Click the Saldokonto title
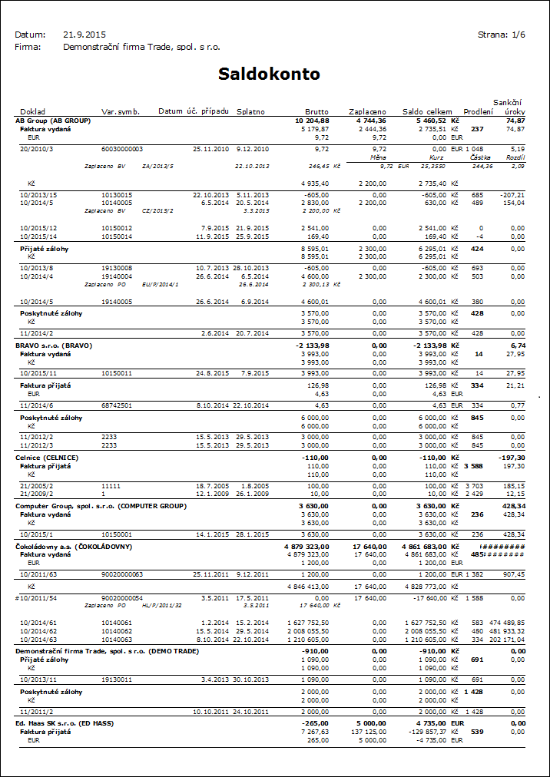point(269,74)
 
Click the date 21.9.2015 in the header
point(84,35)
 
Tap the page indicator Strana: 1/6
point(502,35)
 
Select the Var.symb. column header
point(121,111)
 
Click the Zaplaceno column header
point(367,111)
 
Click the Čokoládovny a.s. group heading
point(74,547)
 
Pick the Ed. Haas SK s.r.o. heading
point(64,722)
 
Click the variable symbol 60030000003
point(122,148)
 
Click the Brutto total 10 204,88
point(312,121)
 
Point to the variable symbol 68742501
point(117,405)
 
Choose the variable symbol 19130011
point(117,679)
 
